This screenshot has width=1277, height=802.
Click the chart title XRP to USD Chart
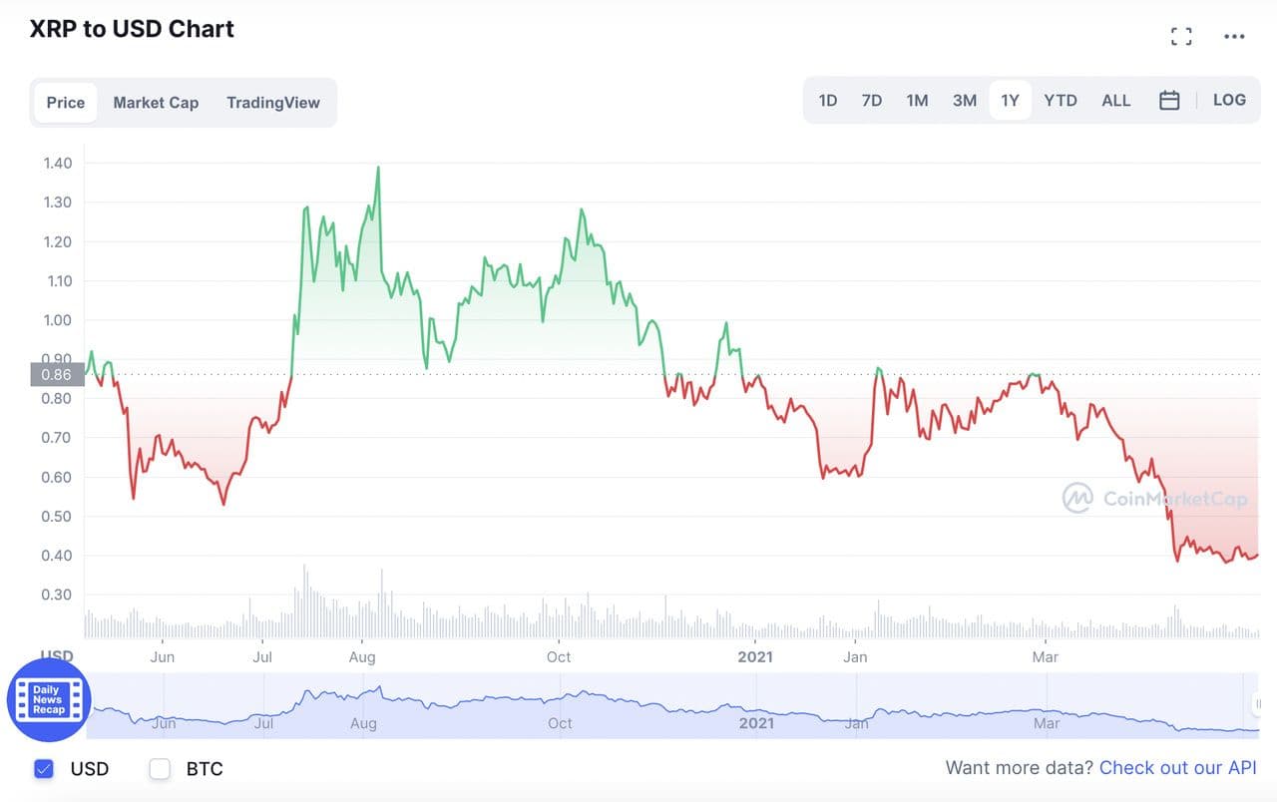point(132,29)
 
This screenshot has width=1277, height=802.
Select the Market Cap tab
point(156,103)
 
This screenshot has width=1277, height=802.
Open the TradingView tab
point(273,103)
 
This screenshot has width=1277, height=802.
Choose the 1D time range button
point(827,101)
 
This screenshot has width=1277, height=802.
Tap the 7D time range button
point(871,101)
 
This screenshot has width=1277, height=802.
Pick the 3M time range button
point(964,101)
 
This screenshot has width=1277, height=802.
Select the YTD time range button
point(1060,101)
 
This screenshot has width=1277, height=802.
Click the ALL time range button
point(1115,101)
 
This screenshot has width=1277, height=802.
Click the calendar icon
point(1169,101)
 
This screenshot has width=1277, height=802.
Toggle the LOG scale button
point(1229,100)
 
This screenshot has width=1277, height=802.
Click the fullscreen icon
point(1181,37)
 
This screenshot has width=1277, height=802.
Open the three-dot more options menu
point(1234,37)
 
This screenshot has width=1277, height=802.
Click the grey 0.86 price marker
point(56,375)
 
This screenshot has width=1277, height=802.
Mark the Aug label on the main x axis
point(362,657)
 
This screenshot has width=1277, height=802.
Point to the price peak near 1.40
point(378,168)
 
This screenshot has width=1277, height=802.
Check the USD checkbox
point(44,768)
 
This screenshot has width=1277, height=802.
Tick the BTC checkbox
point(160,768)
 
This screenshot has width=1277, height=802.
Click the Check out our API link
point(1177,768)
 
